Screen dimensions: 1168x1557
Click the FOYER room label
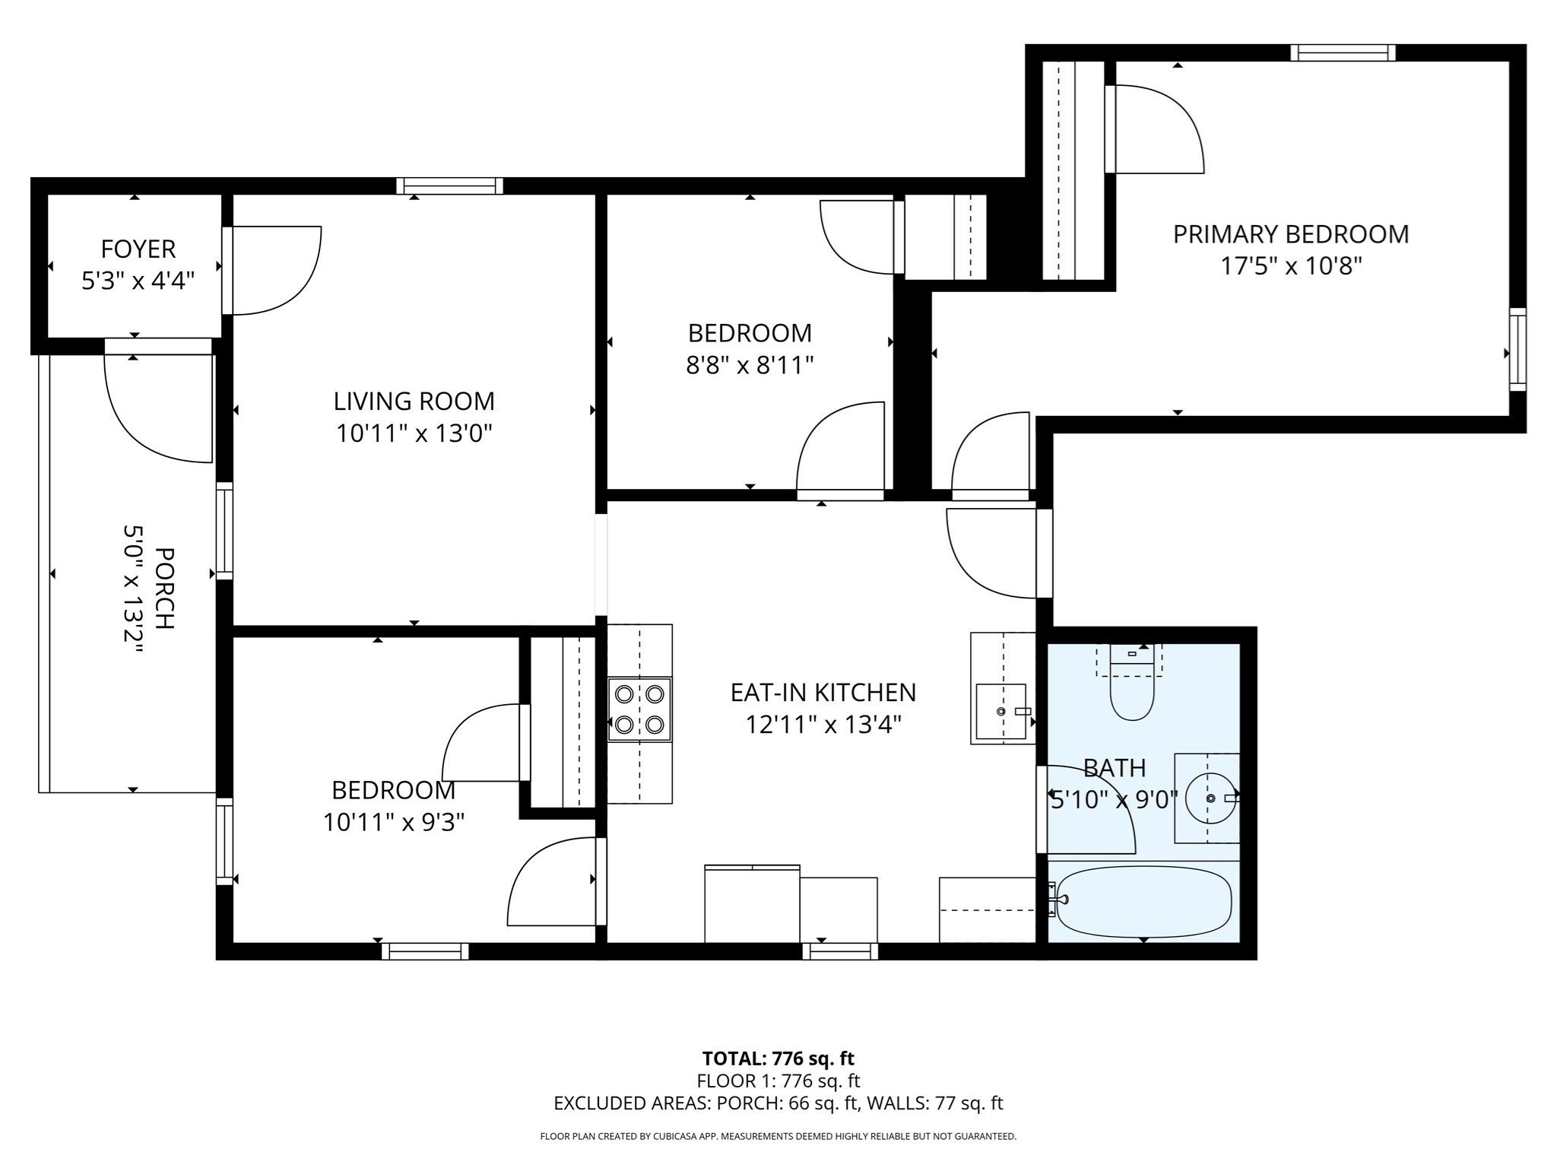(x=138, y=249)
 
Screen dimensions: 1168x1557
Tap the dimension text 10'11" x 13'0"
(x=414, y=433)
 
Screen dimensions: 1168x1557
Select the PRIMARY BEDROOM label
(x=1290, y=234)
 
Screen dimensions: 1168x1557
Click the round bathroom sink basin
(x=1210, y=798)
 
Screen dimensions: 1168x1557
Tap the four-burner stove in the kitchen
(x=639, y=709)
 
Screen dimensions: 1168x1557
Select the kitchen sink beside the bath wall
(x=1001, y=711)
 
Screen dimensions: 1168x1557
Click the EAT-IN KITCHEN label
(x=823, y=692)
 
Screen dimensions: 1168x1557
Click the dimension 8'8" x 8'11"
(x=750, y=366)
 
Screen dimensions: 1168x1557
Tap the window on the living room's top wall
(x=449, y=186)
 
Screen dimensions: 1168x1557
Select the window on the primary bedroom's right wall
(x=1517, y=349)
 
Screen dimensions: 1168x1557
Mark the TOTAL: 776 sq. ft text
(x=778, y=1058)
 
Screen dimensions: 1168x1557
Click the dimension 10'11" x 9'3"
(x=393, y=822)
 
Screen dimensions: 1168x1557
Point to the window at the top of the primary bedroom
(x=1343, y=52)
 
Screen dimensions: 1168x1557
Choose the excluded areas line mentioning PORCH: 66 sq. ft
(x=778, y=1103)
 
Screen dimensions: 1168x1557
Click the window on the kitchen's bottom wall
(x=840, y=951)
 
